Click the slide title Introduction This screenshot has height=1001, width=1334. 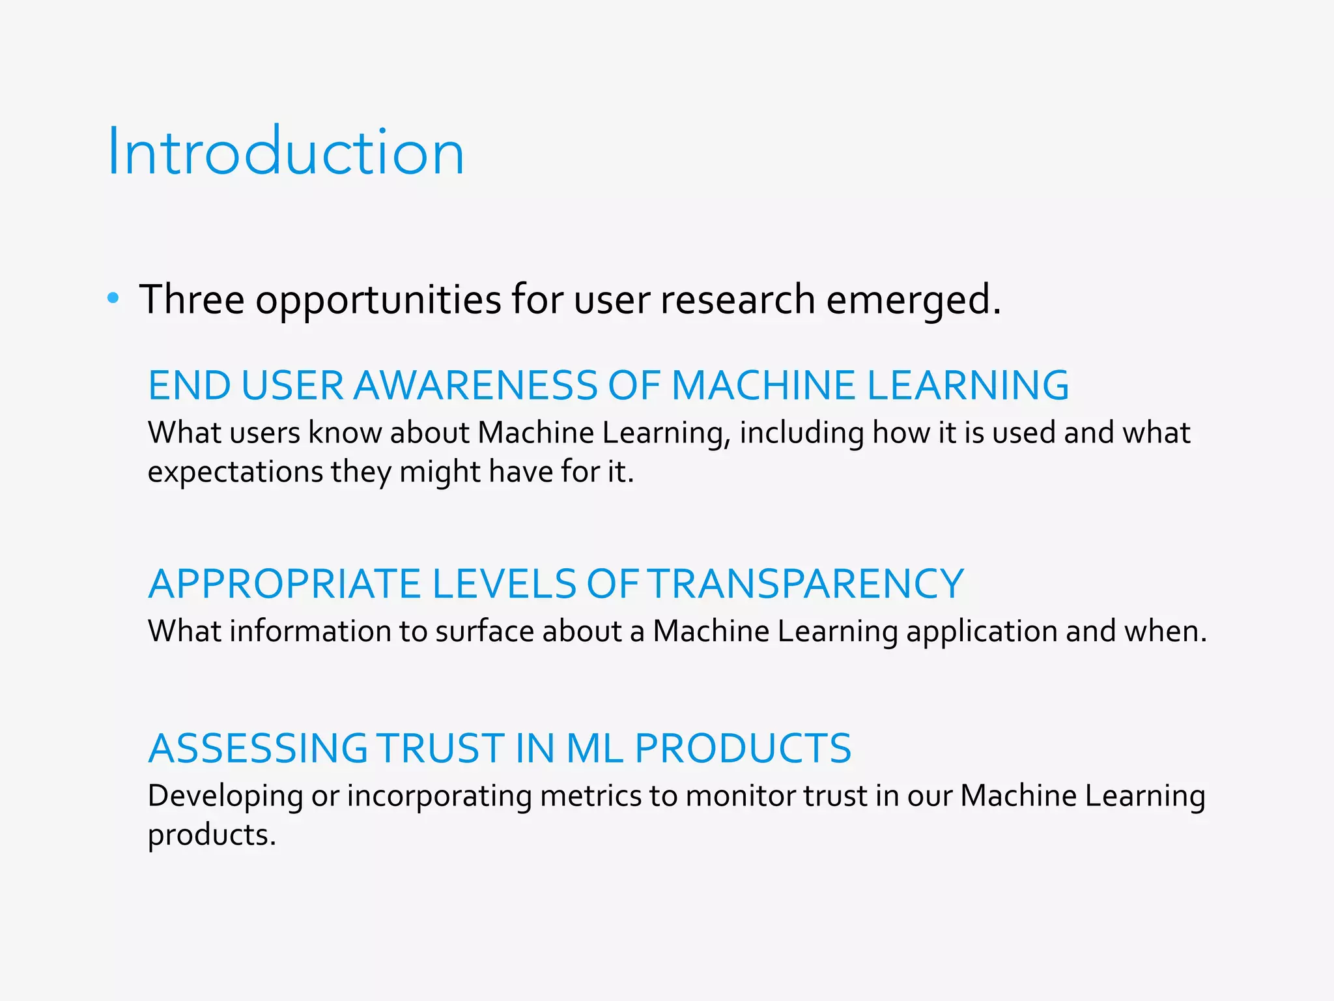point(286,152)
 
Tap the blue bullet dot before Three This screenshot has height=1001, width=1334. point(113,298)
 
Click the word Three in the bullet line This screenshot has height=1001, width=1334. point(192,300)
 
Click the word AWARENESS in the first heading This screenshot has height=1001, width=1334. point(475,385)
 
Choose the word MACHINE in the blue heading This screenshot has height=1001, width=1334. point(763,385)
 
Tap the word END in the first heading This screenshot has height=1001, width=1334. point(189,385)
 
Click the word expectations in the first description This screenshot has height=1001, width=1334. point(235,472)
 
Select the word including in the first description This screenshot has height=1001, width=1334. point(801,433)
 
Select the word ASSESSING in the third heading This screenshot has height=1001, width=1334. point(257,748)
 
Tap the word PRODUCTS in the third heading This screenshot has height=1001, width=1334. point(743,748)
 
